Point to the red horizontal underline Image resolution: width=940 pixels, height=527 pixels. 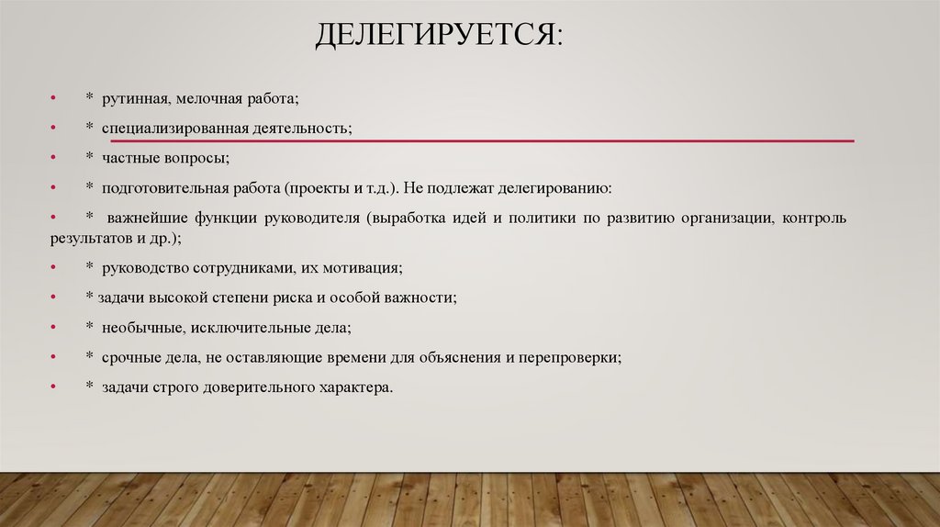point(482,141)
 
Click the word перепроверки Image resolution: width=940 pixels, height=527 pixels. point(569,357)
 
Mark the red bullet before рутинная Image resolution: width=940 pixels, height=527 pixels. point(55,97)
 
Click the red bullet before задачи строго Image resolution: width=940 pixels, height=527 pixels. point(55,388)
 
